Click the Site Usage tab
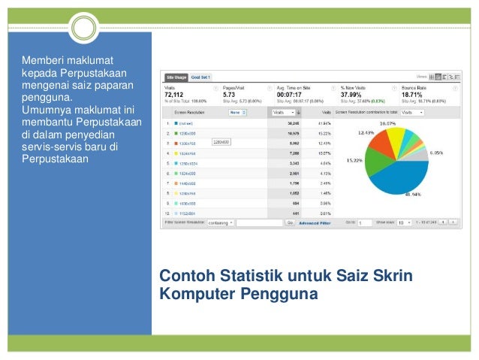(x=177, y=77)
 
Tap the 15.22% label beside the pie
(x=354, y=160)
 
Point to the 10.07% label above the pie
(x=387, y=123)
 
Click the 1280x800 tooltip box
(x=221, y=141)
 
